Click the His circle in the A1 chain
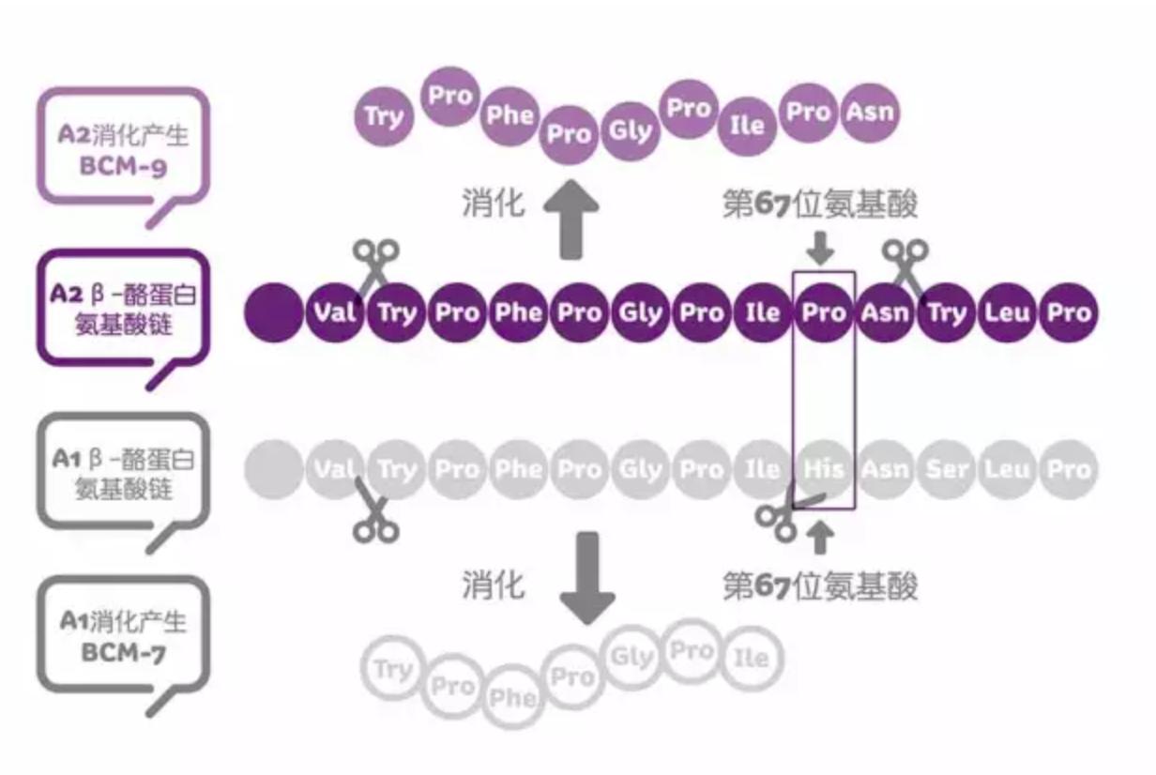click(x=824, y=469)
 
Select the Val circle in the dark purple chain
click(x=335, y=312)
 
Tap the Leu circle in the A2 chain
click(x=1007, y=312)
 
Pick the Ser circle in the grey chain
click(x=946, y=469)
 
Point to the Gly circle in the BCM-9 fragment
click(x=630, y=129)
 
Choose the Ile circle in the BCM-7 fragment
click(x=751, y=659)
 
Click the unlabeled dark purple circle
click(x=274, y=312)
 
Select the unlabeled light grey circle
click(x=274, y=469)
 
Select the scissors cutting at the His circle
click(x=784, y=515)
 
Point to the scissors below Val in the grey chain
click(x=374, y=514)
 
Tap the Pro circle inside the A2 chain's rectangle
click(x=824, y=312)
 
